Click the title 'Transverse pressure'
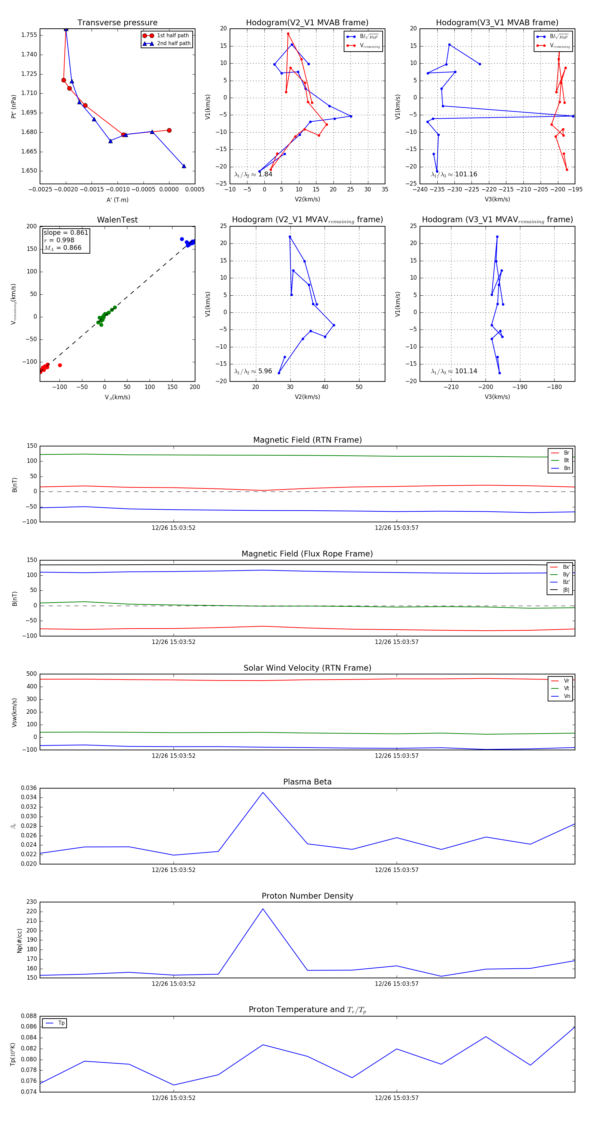pyautogui.click(x=117, y=23)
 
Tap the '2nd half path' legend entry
pyautogui.click(x=173, y=43)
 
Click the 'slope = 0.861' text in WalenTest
pyautogui.click(x=66, y=232)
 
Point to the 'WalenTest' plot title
pyautogui.click(x=117, y=220)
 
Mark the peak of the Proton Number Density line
pyautogui.click(x=263, y=909)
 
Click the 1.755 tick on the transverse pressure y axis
pyautogui.click(x=29, y=35)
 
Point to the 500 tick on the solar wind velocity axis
pyautogui.click(x=31, y=674)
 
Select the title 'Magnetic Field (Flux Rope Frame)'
pyautogui.click(x=307, y=554)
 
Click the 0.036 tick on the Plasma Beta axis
pyautogui.click(x=29, y=788)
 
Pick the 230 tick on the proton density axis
pyautogui.click(x=31, y=902)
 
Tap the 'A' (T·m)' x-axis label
pyautogui.click(x=117, y=200)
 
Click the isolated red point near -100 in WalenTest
pyautogui.click(x=60, y=365)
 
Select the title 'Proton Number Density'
pyautogui.click(x=307, y=896)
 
